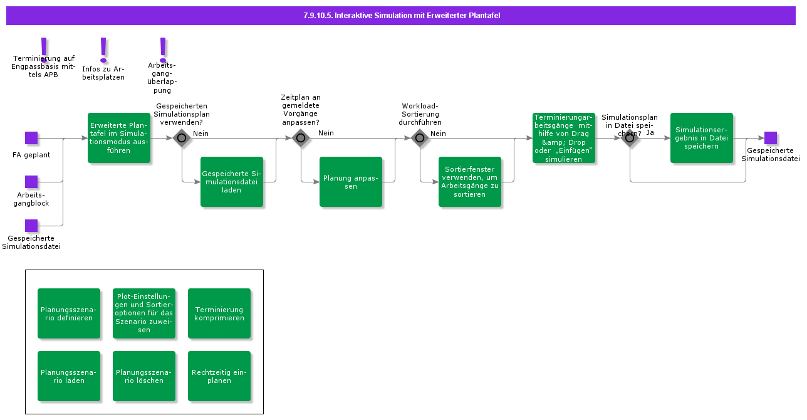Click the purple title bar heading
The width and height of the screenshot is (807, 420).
click(x=401, y=16)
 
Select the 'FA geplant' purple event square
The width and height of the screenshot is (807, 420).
click(x=31, y=138)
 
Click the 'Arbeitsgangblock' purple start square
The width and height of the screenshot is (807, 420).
click(x=31, y=182)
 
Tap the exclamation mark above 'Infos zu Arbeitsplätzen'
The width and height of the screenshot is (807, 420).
click(x=103, y=49)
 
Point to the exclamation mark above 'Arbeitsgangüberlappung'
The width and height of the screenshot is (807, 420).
click(x=163, y=49)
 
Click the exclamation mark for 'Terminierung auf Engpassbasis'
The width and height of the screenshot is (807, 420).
click(x=43, y=49)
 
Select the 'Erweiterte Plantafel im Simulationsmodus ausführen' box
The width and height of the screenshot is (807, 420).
click(x=119, y=138)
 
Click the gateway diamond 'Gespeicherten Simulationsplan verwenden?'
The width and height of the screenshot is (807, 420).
click(x=182, y=138)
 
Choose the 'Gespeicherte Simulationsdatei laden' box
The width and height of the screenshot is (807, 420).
click(x=232, y=182)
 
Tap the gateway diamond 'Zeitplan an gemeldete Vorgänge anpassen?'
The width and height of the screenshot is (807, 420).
click(x=301, y=138)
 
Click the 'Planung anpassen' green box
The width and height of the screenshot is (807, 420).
click(x=351, y=182)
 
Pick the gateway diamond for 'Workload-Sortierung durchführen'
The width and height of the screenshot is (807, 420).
click(x=420, y=138)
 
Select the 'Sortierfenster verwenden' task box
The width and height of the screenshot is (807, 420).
click(x=470, y=182)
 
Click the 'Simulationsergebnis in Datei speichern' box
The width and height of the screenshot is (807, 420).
click(x=702, y=138)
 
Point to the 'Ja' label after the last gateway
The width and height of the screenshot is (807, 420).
click(x=650, y=133)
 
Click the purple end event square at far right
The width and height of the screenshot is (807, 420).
click(x=771, y=138)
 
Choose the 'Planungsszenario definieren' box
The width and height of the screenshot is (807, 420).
click(x=69, y=313)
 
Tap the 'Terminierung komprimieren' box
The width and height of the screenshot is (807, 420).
click(x=219, y=313)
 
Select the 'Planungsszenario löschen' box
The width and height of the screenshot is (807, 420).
click(x=144, y=376)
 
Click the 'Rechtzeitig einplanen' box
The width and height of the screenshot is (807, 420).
click(x=219, y=376)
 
